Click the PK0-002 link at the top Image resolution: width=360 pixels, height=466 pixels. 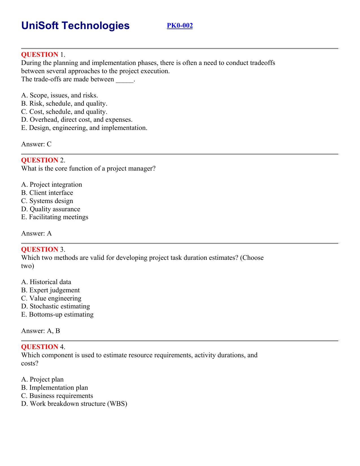(180, 26)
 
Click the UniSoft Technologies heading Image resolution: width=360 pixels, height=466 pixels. (75, 26)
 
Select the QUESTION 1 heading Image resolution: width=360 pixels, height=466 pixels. (43, 55)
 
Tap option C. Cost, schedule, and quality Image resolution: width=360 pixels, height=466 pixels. (64, 112)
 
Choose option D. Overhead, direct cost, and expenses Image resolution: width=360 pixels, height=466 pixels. (77, 120)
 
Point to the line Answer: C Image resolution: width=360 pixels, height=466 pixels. (36, 144)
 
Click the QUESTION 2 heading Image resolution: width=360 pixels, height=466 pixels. (43, 160)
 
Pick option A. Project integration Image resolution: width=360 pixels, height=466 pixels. (52, 185)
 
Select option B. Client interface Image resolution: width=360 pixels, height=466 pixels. (47, 193)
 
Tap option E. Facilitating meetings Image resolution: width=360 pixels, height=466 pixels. (55, 217)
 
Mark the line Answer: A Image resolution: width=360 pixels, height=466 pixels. (36, 234)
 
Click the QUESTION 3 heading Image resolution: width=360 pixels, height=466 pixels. (43, 249)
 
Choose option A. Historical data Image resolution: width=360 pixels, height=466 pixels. (46, 282)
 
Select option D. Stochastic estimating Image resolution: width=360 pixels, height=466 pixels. (56, 306)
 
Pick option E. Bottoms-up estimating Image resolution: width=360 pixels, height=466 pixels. (57, 315)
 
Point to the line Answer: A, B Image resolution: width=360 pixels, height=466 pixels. (41, 331)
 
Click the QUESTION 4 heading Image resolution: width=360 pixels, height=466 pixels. (43, 347)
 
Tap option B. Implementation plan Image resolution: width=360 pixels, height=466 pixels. (54, 388)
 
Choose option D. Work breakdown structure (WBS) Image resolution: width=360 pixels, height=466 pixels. (74, 404)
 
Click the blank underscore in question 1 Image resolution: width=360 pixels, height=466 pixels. (124, 80)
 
